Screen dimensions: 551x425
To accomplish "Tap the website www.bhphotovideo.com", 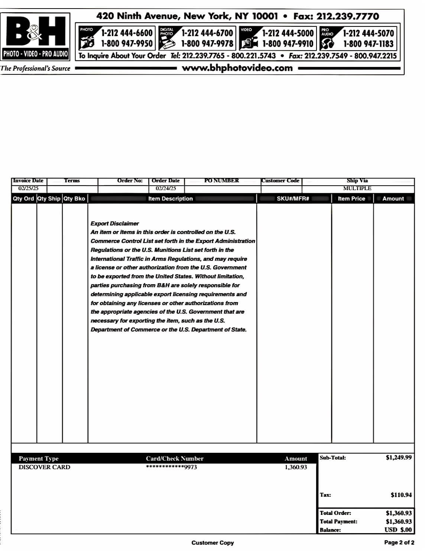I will coord(237,68).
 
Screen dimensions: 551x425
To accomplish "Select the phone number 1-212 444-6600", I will coord(127,33).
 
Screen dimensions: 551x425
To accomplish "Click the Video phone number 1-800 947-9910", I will coord(288,44).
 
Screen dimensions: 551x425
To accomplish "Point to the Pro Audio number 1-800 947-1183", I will coord(368,44).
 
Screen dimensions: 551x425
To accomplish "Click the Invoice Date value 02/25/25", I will coord(28,188).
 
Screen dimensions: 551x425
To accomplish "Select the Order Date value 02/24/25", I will coord(166,188).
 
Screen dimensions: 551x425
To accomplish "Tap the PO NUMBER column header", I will coord(222,181).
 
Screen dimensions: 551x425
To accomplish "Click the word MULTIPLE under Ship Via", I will coord(357,188).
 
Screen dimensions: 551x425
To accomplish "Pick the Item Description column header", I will coord(171,199).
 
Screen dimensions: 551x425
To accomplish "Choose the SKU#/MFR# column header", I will coord(293,199).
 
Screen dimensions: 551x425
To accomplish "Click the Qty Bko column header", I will coord(74,199).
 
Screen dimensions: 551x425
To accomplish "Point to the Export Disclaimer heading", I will coord(115,224).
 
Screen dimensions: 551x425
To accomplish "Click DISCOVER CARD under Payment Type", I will coord(44,467).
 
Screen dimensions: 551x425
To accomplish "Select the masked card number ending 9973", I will coord(171,467).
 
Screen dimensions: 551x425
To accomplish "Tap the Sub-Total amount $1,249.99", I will coord(399,458).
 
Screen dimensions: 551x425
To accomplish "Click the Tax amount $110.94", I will coord(401,495).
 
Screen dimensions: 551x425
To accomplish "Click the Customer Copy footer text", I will coord(212,543).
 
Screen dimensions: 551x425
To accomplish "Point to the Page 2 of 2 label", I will coord(399,542).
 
